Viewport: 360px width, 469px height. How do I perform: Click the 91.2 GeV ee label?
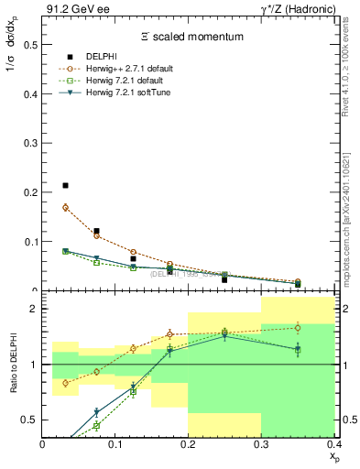tap(73, 8)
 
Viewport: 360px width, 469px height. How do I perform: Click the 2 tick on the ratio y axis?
tap(33, 310)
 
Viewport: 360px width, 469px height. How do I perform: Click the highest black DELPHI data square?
tap(65, 186)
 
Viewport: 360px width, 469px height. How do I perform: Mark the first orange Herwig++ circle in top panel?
tap(65, 207)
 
